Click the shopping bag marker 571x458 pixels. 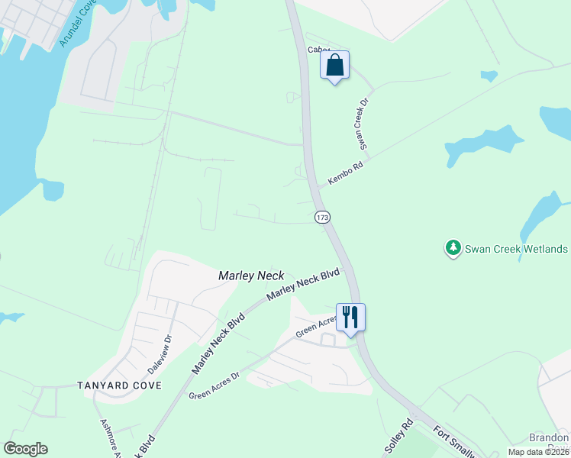pyautogui.click(x=334, y=65)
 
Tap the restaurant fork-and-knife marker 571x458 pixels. pyautogui.click(x=350, y=317)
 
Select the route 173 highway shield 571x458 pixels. pyautogui.click(x=322, y=218)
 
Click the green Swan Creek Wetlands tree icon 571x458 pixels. pyautogui.click(x=453, y=249)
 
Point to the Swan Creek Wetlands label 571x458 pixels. pyautogui.click(x=516, y=249)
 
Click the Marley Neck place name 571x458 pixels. pyautogui.click(x=251, y=275)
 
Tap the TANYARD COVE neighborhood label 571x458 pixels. pyautogui.click(x=120, y=385)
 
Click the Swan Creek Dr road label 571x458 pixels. pyautogui.click(x=364, y=122)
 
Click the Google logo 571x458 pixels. pyautogui.click(x=25, y=449)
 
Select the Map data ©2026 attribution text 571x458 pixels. pyautogui.click(x=538, y=452)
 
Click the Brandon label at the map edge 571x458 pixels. pyautogui.click(x=550, y=438)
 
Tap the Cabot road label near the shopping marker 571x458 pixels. pyautogui.click(x=317, y=50)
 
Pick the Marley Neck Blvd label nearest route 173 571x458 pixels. pyautogui.click(x=302, y=285)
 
